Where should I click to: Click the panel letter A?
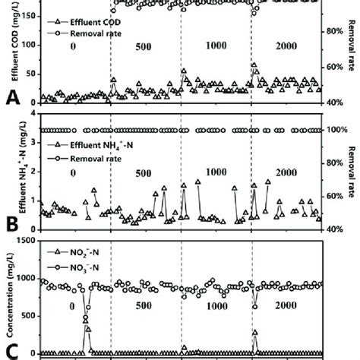[x=11, y=97]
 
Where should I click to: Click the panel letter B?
[x=11, y=225]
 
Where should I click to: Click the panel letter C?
[x=11, y=352]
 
